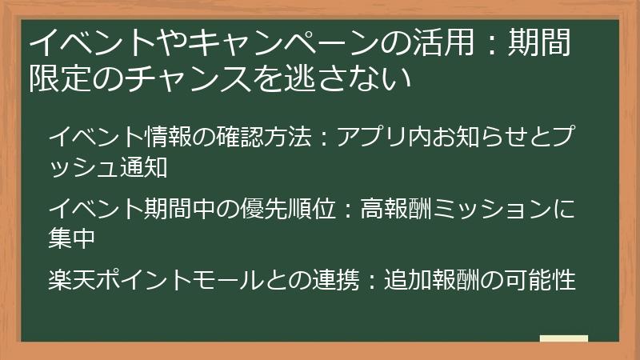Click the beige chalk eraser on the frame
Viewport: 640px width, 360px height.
click(x=563, y=340)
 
